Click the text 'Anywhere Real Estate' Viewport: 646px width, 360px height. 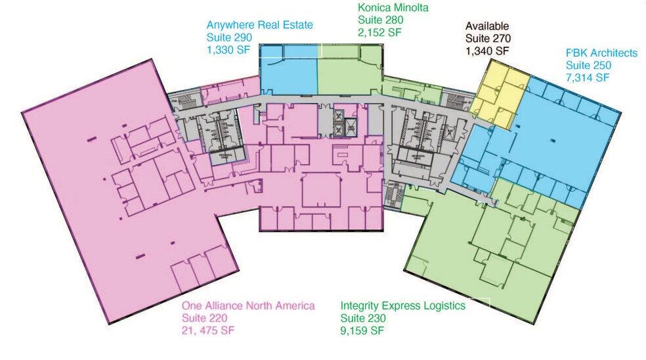click(x=259, y=25)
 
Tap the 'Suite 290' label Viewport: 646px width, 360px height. click(x=229, y=37)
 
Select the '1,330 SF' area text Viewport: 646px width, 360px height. click(x=228, y=50)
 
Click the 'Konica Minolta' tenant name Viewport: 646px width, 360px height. click(x=393, y=7)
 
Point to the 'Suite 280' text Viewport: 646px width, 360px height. click(x=381, y=20)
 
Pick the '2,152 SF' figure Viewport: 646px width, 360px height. click(x=379, y=32)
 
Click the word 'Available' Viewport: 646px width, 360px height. click(x=487, y=26)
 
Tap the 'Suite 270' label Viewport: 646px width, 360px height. click(x=488, y=38)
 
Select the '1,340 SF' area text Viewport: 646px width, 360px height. click(x=487, y=51)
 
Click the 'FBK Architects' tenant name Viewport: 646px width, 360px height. click(x=601, y=53)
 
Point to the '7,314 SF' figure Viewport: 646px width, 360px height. click(x=588, y=78)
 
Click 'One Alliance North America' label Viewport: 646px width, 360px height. click(x=248, y=305)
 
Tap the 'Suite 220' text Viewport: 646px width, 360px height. click(x=204, y=318)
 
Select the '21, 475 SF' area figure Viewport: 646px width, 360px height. click(x=208, y=330)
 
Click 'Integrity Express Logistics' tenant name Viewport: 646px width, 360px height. click(x=403, y=306)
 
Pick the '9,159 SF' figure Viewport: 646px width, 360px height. click(x=362, y=330)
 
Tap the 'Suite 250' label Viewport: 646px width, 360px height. click(x=588, y=65)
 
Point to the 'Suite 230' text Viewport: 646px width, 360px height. click(x=363, y=318)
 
